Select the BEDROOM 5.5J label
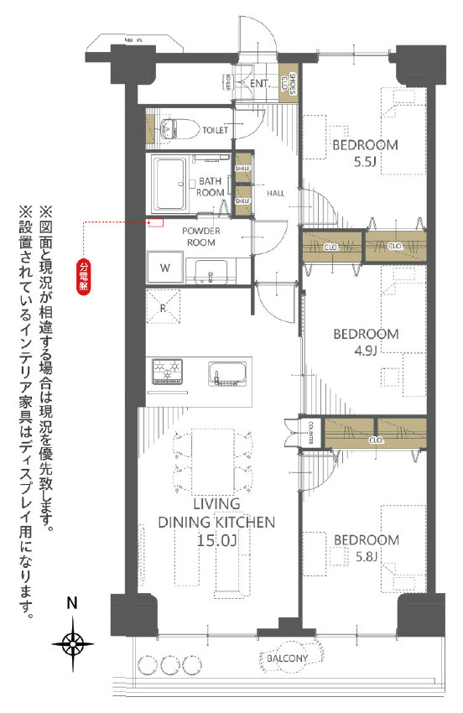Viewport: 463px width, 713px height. (365, 154)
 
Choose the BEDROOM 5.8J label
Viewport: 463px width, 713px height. (365, 547)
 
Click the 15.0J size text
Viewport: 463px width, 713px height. (216, 541)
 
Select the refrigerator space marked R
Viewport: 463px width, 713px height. (164, 306)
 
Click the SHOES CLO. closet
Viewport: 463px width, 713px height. (285, 82)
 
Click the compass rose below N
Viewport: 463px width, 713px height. (74, 643)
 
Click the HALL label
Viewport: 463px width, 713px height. (275, 194)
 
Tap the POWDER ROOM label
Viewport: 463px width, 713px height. (200, 237)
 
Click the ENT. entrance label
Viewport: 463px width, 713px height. (258, 84)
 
